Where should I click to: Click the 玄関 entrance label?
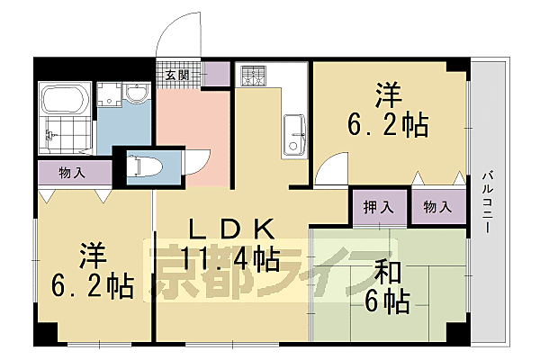pyautogui.click(x=176, y=75)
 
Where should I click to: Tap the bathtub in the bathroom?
pyautogui.click(x=66, y=98)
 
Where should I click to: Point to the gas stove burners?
pyautogui.click(x=252, y=76)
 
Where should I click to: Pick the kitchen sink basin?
pyautogui.click(x=294, y=135)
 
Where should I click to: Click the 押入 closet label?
pyautogui.click(x=379, y=207)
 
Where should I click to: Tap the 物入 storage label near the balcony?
pyautogui.click(x=437, y=207)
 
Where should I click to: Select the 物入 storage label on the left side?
pyautogui.click(x=72, y=171)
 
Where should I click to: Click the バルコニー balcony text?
pyautogui.click(x=486, y=202)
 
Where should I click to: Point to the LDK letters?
pyautogui.click(x=229, y=229)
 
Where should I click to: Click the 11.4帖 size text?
pyautogui.click(x=230, y=260)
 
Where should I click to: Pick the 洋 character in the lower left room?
pyautogui.click(x=93, y=255)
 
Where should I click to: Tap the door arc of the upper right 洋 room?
pyautogui.click(x=331, y=166)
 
